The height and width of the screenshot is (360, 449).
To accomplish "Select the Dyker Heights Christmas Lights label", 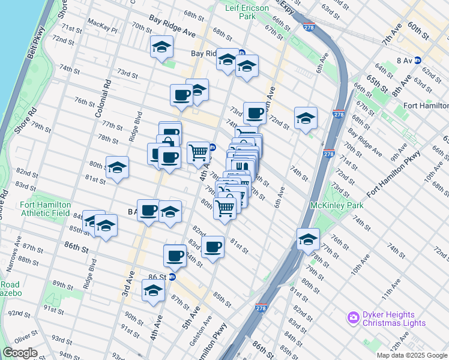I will tap(393, 319).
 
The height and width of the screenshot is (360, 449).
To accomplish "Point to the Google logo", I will tap(20, 353).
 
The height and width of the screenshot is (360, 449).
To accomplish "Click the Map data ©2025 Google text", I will tap(412, 355).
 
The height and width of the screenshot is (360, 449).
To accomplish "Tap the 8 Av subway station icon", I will tap(417, 61).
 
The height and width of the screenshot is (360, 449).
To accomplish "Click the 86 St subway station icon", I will tap(172, 277).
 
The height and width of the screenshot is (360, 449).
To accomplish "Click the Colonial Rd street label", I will tap(107, 98).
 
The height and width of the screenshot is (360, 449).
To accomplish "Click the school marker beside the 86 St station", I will tap(153, 291).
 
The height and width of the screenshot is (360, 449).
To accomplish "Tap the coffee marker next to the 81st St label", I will tap(212, 246).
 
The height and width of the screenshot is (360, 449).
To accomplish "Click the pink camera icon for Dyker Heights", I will tap(353, 317).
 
